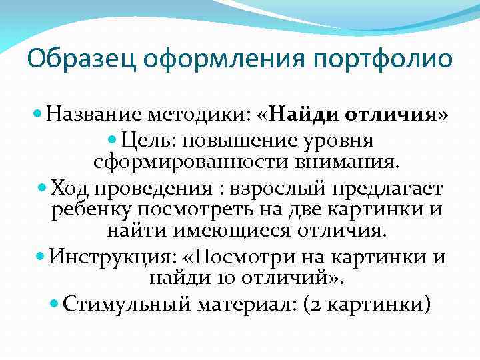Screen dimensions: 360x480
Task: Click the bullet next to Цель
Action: (112, 141)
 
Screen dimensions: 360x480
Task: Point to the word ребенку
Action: (91, 210)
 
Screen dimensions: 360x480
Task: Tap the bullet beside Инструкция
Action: (38, 257)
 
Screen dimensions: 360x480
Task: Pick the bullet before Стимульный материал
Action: (55, 303)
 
